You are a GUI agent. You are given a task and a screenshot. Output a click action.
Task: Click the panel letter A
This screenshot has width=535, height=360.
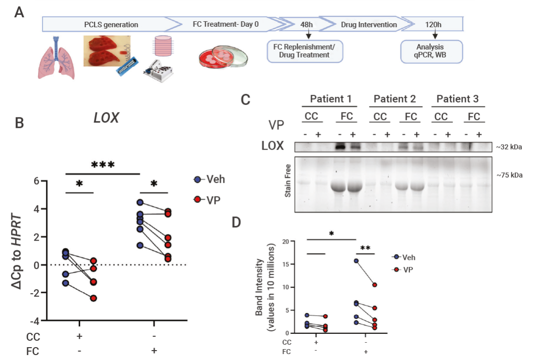[x=19, y=12]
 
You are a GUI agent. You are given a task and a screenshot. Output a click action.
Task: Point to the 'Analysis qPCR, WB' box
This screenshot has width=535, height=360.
[x=431, y=51]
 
